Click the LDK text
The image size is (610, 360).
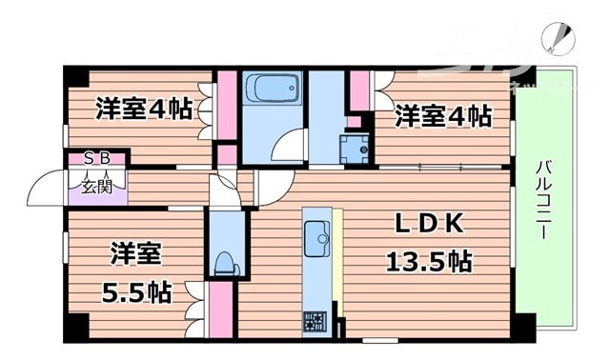point(430,225)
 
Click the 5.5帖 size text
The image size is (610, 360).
point(136,290)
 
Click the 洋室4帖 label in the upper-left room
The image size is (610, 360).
point(143,110)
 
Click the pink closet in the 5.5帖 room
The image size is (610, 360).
point(220,310)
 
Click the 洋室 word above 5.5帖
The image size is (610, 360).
point(134,254)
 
